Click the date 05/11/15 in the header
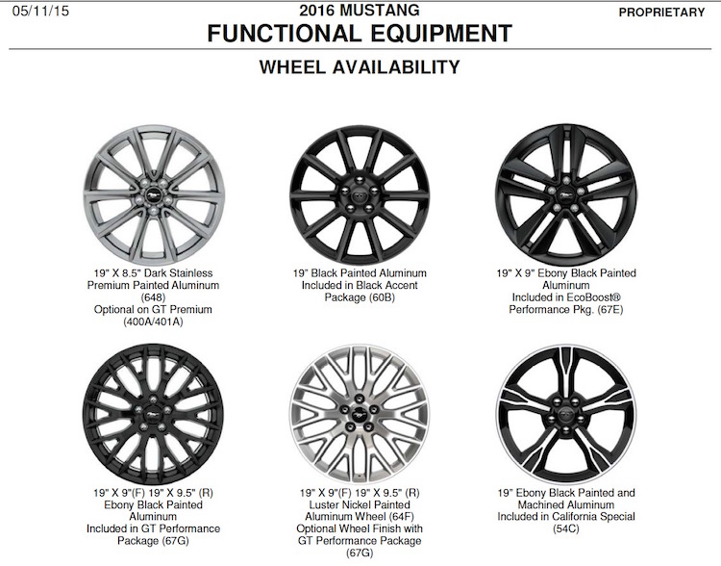click(40, 12)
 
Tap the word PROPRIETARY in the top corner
click(661, 13)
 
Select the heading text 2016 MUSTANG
click(360, 11)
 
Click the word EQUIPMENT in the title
click(441, 34)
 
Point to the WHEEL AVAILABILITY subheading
click(360, 67)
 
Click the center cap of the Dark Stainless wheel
click(154, 196)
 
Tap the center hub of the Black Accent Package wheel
click(360, 195)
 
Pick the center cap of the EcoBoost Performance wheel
click(564, 194)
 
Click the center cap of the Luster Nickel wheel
click(360, 414)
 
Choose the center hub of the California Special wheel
click(565, 414)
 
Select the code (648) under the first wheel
click(153, 297)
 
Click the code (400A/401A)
click(153, 322)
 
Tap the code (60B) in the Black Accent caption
click(382, 297)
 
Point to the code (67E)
click(610, 310)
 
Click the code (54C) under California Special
click(566, 528)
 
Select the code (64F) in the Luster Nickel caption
click(401, 517)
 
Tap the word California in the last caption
click(580, 517)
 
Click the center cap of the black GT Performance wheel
click(153, 415)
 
